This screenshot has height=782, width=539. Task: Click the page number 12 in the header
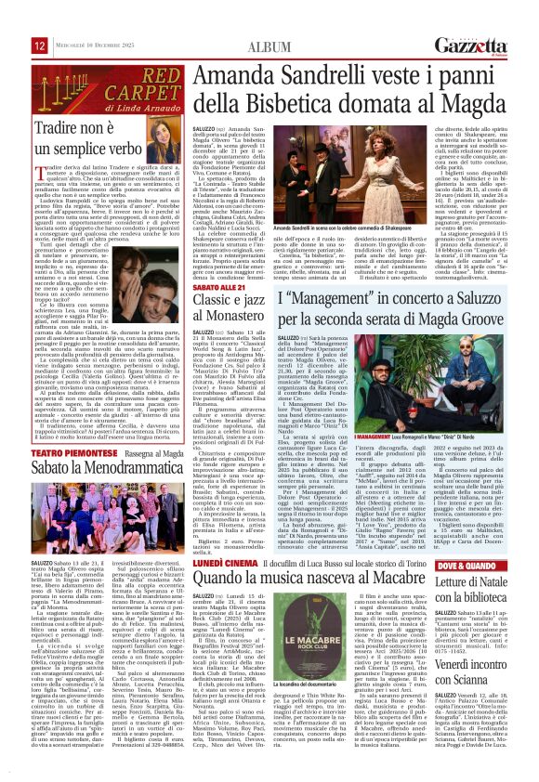[13, 19]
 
